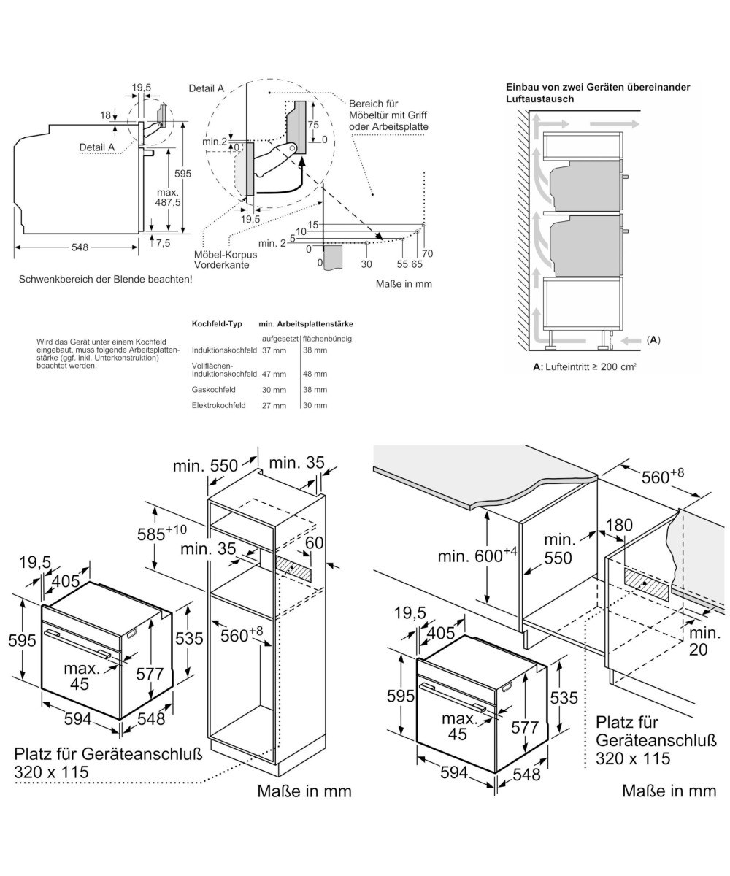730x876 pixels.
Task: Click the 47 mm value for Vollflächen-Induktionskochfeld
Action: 274,374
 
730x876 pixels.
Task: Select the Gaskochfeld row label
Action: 212,390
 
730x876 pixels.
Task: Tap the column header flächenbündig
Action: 327,339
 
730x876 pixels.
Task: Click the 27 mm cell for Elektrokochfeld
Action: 274,405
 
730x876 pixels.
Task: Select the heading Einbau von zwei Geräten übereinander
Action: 597,87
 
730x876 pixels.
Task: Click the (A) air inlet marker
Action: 653,339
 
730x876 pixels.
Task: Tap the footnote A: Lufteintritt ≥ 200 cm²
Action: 584,367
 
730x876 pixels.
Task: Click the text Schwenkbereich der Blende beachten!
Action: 105,279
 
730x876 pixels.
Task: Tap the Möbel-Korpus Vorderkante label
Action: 221,260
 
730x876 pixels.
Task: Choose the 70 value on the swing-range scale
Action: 427,254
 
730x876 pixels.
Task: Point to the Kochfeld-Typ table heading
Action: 217,323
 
